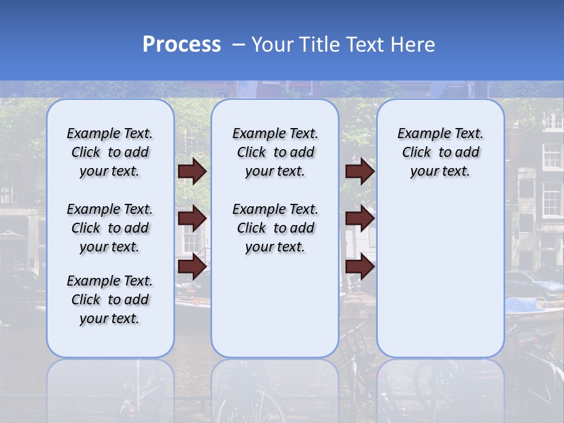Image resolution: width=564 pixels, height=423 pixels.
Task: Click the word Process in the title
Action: (x=182, y=45)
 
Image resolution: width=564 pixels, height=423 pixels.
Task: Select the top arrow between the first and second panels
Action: (x=192, y=171)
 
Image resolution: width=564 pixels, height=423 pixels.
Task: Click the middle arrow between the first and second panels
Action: (x=192, y=219)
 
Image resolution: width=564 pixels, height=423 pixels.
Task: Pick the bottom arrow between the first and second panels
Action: (x=192, y=266)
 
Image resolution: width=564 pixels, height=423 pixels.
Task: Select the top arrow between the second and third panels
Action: (x=360, y=171)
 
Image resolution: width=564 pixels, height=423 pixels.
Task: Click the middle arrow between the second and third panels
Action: (x=360, y=219)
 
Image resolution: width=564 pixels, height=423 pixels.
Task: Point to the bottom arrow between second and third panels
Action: (x=360, y=266)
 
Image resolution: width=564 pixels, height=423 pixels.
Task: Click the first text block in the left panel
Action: (x=110, y=152)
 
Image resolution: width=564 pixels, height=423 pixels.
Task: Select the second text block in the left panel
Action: (x=110, y=228)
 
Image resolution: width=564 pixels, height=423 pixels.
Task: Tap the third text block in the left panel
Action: (x=110, y=300)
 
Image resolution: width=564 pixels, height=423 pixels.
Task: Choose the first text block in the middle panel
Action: (x=275, y=152)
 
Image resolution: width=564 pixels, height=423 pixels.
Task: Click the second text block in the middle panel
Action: (x=275, y=228)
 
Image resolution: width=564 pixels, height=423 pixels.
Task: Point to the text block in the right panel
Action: (x=440, y=152)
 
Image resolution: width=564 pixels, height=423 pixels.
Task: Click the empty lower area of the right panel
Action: (x=440, y=276)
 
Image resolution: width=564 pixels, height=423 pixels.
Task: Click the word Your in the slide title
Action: (x=274, y=45)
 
